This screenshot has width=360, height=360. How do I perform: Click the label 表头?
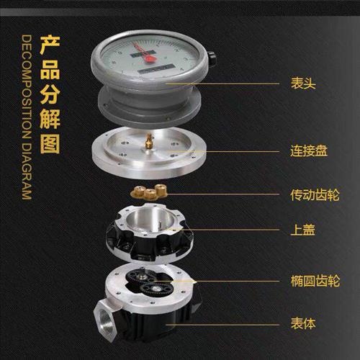[x=303, y=84]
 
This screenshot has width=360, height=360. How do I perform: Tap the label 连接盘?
[x=309, y=150]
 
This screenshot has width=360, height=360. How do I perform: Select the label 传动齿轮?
[x=315, y=194]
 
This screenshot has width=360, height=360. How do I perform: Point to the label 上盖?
[x=302, y=230]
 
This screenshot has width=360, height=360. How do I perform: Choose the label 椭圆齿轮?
[x=315, y=281]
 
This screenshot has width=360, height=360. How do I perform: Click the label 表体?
[x=303, y=323]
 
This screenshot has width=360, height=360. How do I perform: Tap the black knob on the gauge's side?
[x=212, y=58]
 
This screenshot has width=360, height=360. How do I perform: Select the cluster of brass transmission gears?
[x=148, y=192]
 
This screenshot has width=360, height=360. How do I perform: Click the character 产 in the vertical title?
[x=50, y=45]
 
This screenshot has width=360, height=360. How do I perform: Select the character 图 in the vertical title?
[x=50, y=144]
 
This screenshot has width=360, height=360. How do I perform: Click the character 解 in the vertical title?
[x=50, y=120]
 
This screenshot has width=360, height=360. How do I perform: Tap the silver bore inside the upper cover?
[x=150, y=220]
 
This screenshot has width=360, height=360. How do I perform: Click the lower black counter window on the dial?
[x=156, y=68]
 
